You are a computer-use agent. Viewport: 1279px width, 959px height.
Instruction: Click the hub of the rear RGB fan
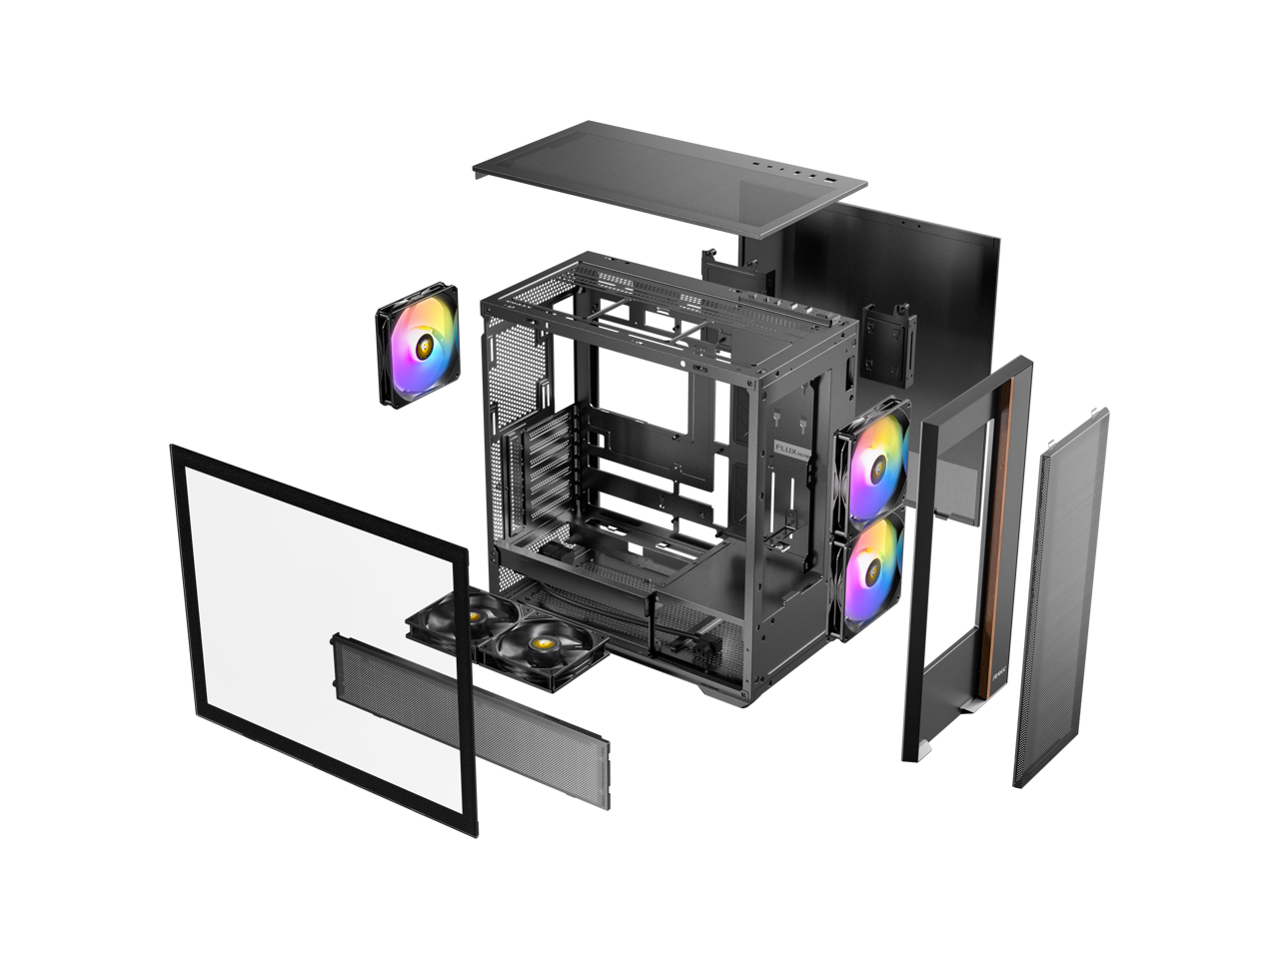coord(418,346)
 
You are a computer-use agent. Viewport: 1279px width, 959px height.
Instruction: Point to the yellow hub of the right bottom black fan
coord(546,639)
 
